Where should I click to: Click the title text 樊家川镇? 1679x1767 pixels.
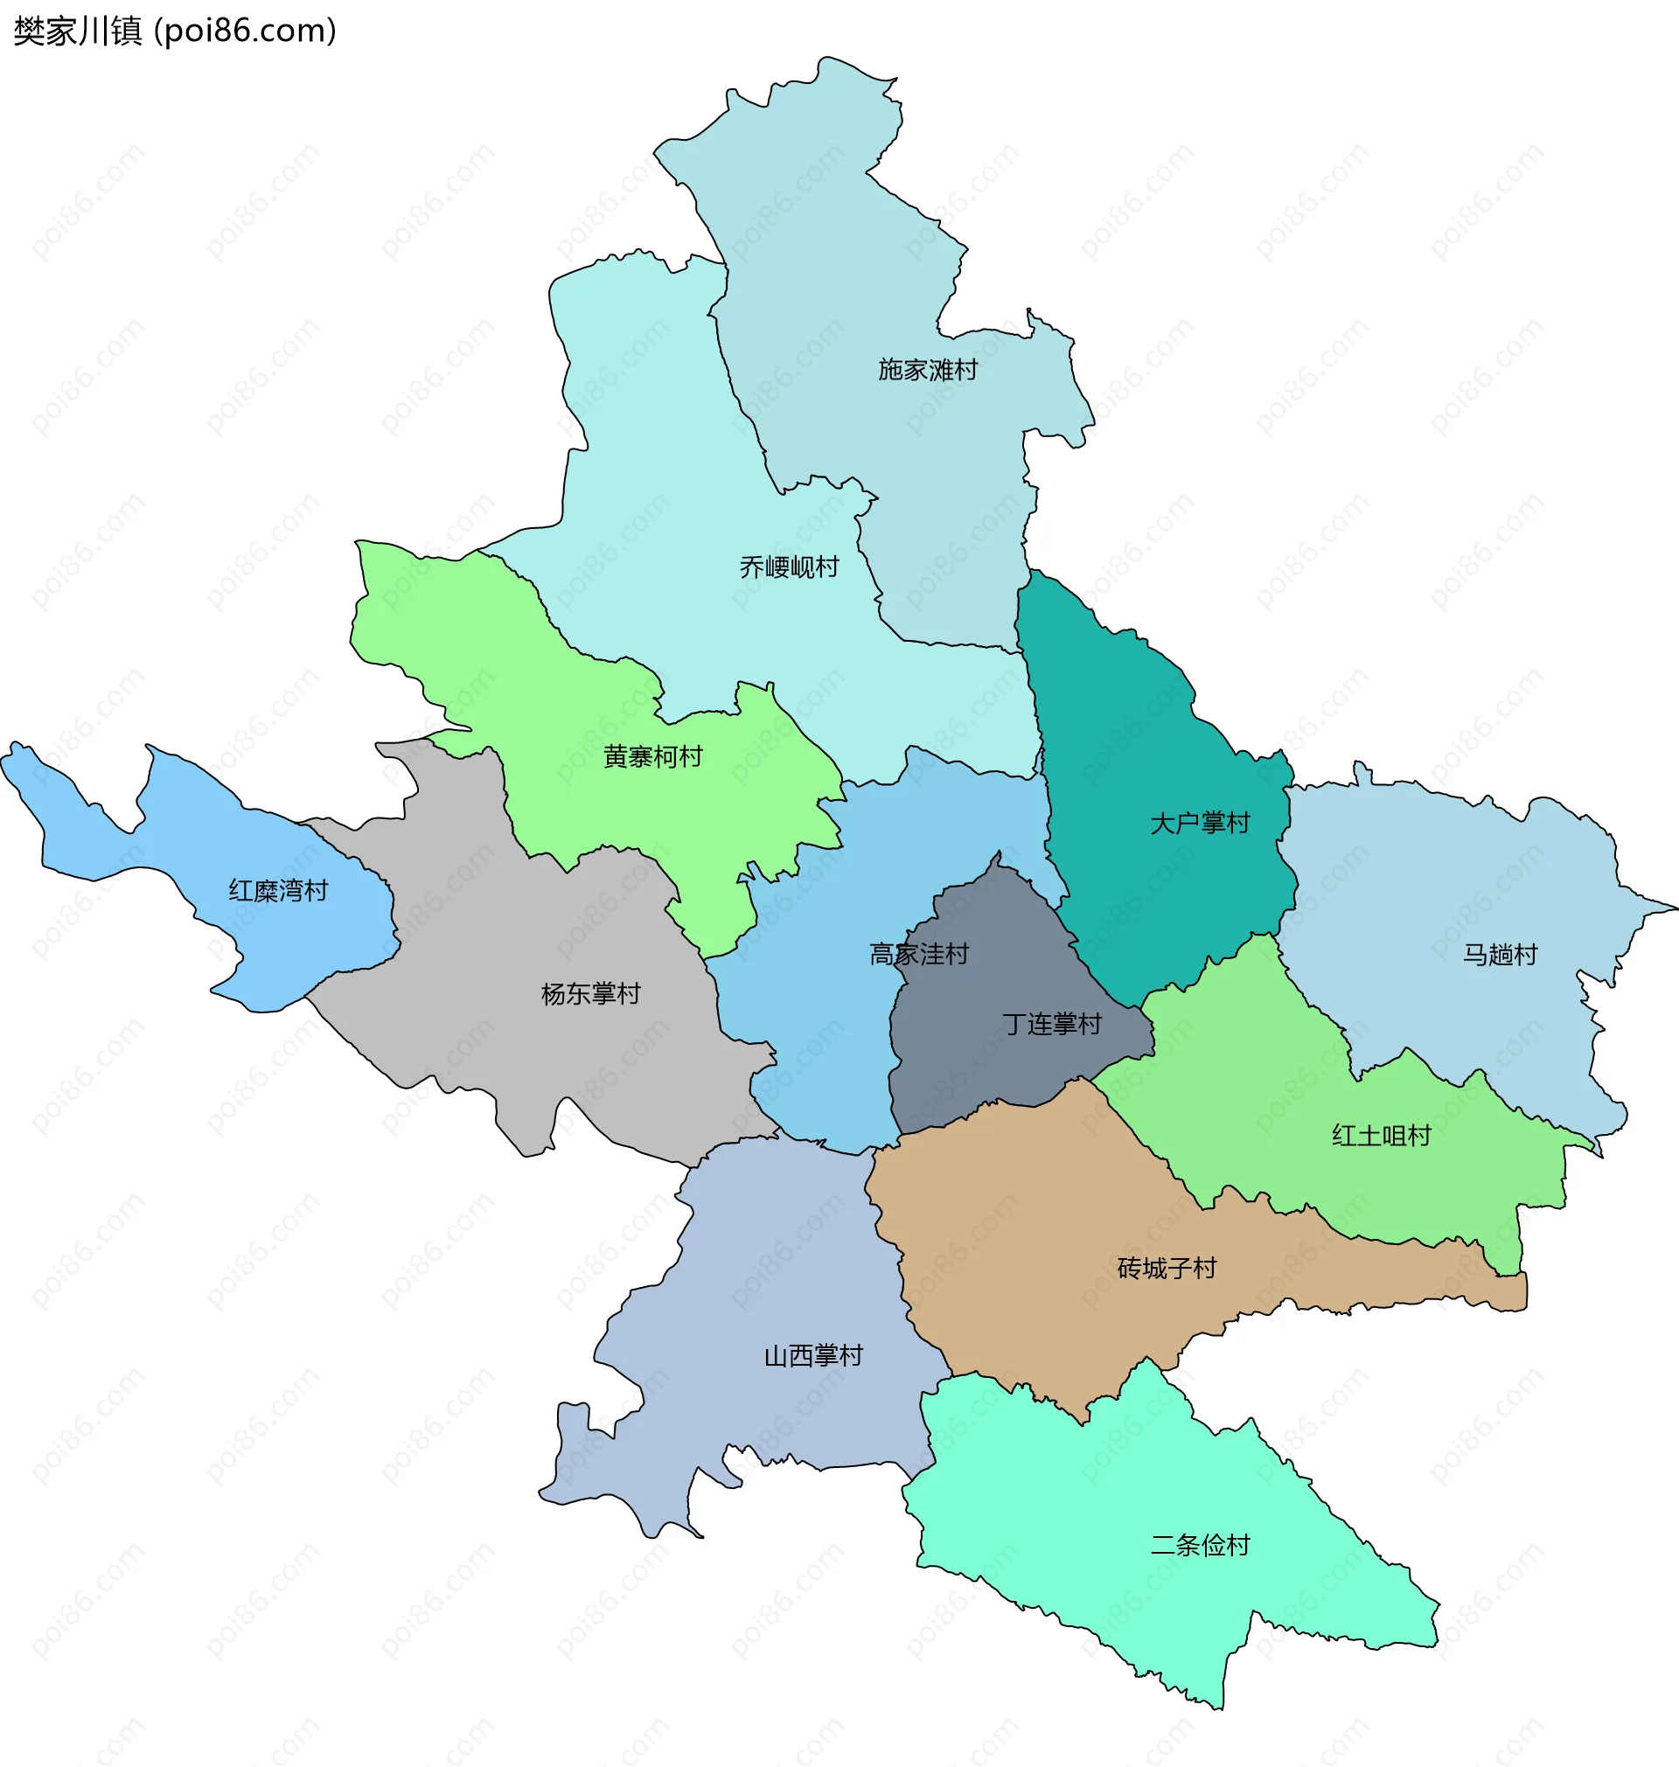78,31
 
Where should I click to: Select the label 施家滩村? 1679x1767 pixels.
927,370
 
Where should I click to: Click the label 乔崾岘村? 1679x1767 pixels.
789,567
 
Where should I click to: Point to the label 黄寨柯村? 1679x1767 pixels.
652,757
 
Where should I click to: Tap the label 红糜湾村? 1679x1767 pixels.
278,890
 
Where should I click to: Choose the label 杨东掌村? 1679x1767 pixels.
590,993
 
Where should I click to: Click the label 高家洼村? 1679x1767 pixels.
919,954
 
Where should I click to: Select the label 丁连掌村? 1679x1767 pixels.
1052,1024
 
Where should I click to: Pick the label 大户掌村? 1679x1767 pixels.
1199,823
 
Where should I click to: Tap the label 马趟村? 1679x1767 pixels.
1500,955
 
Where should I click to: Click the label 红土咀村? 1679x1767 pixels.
1381,1136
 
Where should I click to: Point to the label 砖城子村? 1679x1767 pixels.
1167,1268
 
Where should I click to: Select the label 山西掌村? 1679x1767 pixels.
812,1355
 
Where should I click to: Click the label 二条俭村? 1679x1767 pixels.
1199,1545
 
